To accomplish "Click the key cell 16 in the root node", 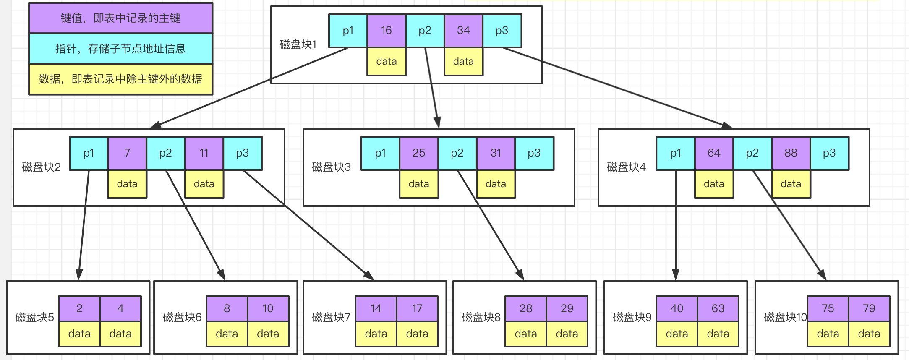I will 386,31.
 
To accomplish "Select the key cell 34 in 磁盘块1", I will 463,31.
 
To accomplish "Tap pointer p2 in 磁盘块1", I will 425,31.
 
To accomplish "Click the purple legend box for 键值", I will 121,18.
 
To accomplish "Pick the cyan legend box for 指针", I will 121,49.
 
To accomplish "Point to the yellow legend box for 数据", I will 121,79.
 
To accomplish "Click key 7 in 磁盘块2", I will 127,153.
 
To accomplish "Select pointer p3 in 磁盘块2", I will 243,153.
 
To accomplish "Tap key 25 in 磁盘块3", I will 419,153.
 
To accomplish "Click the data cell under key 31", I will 496,184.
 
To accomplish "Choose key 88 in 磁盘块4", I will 791,153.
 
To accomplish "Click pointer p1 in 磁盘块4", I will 676,153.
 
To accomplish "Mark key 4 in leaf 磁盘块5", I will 120,309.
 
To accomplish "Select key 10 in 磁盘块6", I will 268,309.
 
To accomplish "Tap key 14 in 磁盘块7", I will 376,309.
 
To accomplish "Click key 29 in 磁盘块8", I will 567,309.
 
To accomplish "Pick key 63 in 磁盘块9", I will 718,309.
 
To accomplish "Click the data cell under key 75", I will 828,334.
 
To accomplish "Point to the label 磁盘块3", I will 331,167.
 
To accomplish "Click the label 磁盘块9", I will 632,317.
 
